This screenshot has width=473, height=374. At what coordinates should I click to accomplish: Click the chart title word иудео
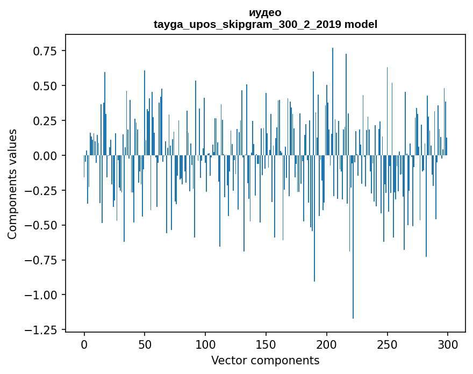265,12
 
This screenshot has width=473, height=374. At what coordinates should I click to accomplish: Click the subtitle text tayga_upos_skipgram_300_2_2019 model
265,24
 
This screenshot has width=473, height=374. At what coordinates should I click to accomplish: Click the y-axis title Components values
12,184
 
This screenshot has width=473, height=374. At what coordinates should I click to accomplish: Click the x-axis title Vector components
265,360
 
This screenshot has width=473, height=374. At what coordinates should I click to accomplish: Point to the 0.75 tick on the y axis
45,51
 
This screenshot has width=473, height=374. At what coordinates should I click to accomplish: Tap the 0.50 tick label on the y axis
45,86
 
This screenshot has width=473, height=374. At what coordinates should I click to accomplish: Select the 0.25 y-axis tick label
45,121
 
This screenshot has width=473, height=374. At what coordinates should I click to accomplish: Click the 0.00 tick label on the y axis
45,156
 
